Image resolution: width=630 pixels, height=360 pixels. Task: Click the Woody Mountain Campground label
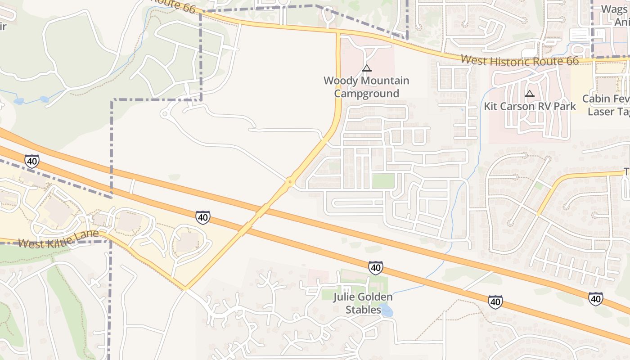click(x=366, y=87)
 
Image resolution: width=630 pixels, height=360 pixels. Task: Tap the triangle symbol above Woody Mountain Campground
click(x=367, y=68)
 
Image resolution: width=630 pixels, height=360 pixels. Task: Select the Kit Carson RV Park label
click(x=530, y=107)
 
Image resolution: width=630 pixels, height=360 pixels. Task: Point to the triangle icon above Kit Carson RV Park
click(x=530, y=94)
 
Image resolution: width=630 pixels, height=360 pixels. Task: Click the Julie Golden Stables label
click(x=363, y=303)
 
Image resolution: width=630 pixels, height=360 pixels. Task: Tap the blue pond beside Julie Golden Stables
click(x=386, y=310)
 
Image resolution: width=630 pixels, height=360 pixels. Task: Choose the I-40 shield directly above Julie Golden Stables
click(x=375, y=268)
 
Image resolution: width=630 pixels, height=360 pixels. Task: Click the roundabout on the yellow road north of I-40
click(x=290, y=182)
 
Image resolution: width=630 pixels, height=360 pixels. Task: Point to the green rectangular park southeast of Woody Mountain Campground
click(x=383, y=181)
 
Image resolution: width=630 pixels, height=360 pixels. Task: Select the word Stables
click(x=363, y=310)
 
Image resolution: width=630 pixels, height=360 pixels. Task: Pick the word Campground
click(x=366, y=94)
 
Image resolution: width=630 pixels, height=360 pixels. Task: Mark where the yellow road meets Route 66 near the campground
click(x=338, y=32)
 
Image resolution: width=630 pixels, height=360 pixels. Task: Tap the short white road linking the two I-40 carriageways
click(x=132, y=186)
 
